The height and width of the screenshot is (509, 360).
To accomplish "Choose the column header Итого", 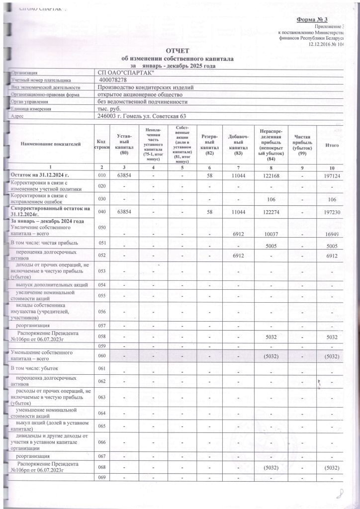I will (332, 144).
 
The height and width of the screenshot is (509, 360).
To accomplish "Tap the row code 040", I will (102, 212).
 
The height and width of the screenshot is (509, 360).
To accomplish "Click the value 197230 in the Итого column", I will (332, 212).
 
